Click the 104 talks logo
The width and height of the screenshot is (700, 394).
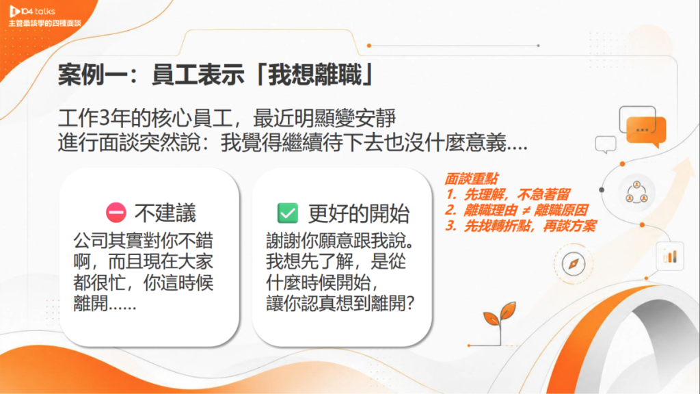[x=32, y=11]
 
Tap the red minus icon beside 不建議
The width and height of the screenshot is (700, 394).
[x=116, y=213]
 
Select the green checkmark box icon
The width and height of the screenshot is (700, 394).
[x=288, y=213]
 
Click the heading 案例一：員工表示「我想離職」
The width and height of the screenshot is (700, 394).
[x=216, y=75]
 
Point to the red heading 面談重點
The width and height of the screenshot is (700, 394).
[x=472, y=179]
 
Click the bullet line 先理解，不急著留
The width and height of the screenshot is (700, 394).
[x=508, y=194]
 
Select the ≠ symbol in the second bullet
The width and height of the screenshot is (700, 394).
[x=526, y=211]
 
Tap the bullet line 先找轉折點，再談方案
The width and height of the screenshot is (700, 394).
[x=520, y=226]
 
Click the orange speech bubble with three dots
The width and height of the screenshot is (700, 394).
[x=646, y=131]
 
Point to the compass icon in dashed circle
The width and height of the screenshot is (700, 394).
[x=574, y=263]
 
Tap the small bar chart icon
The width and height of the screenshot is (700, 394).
[x=670, y=257]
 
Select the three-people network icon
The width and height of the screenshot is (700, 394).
[x=636, y=192]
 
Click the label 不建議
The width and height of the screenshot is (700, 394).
[x=165, y=213]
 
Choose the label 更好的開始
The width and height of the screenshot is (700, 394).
[x=358, y=213]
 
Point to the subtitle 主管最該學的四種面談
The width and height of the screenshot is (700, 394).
[x=44, y=23]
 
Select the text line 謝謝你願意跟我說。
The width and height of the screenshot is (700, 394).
[x=340, y=241]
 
